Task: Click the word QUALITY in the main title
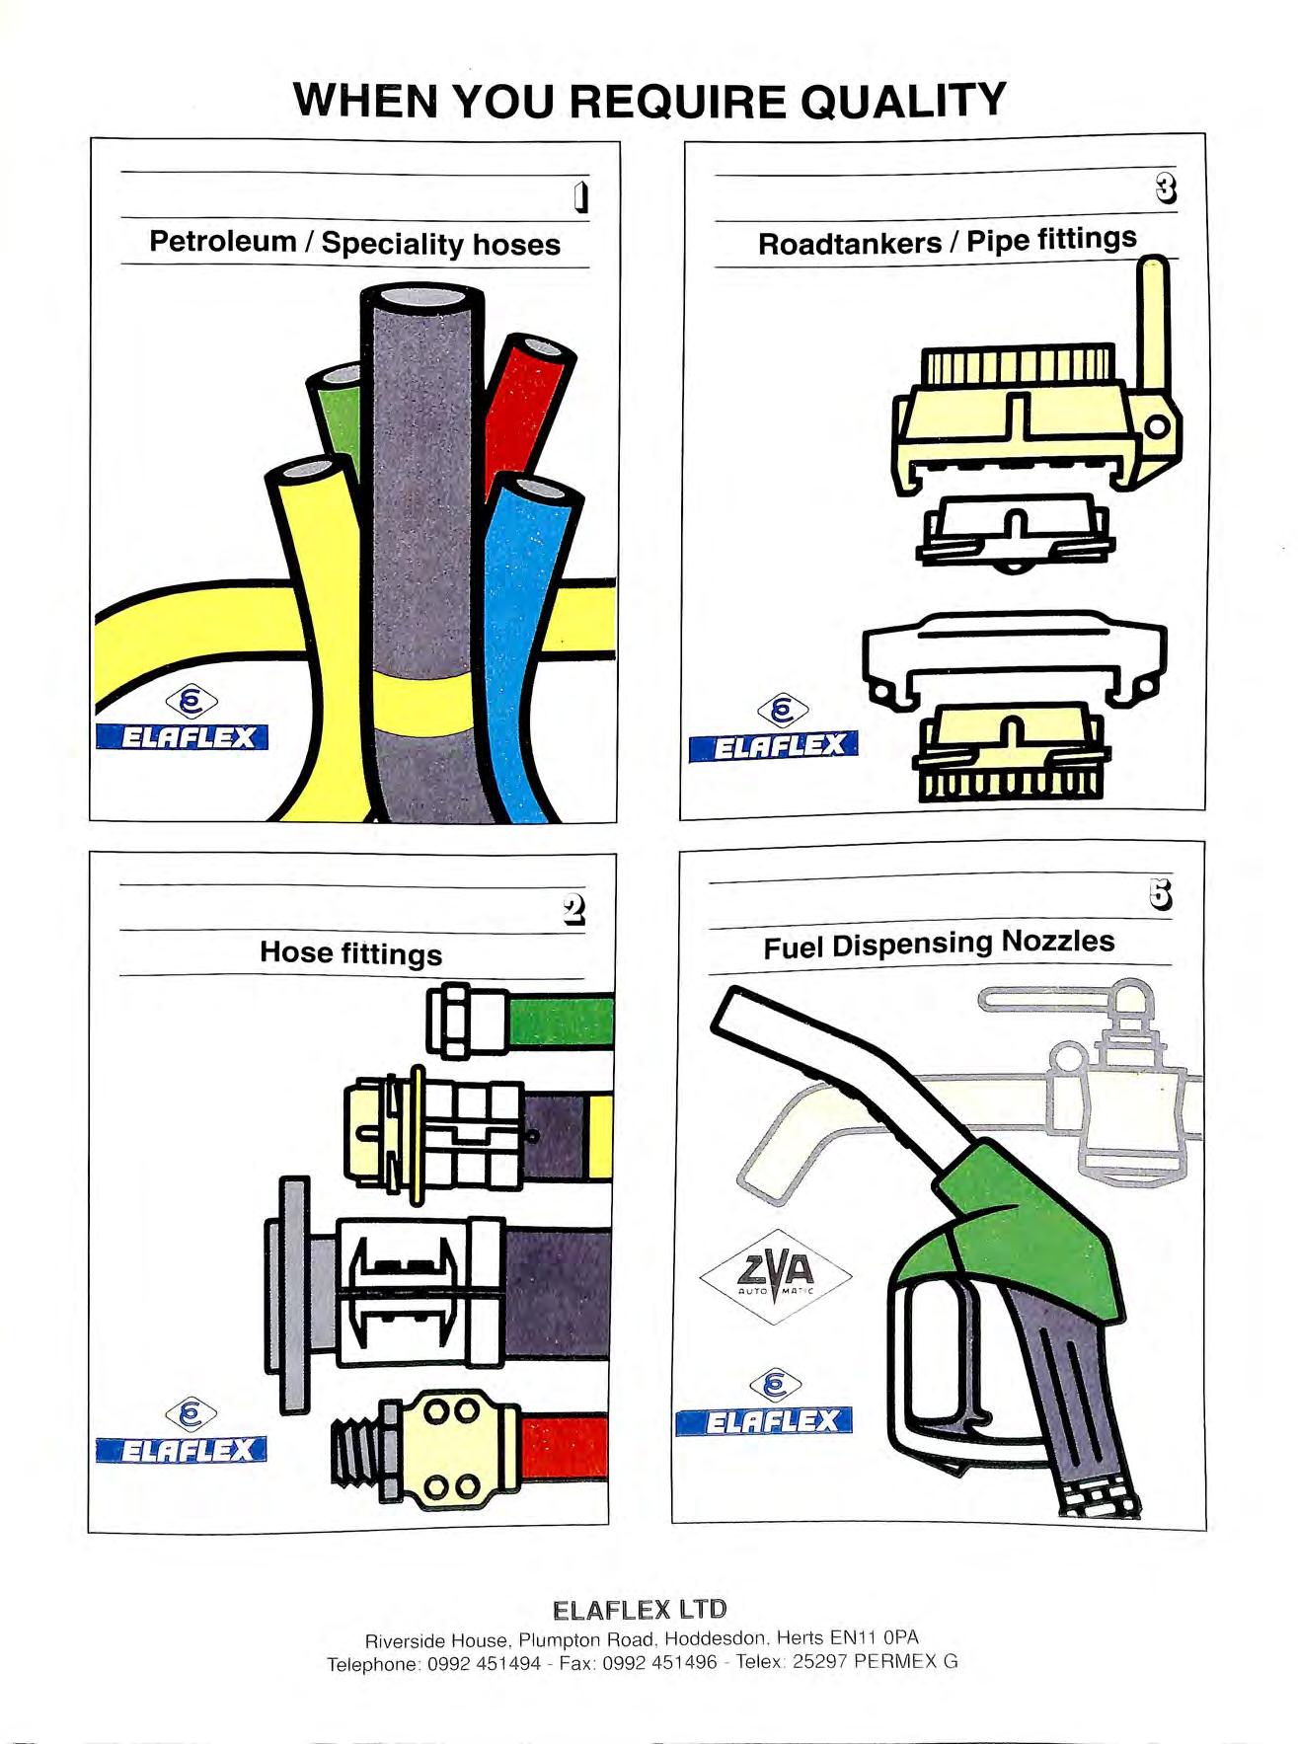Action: click(x=902, y=101)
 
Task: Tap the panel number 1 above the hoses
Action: click(x=582, y=196)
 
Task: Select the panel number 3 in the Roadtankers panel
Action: click(x=1167, y=188)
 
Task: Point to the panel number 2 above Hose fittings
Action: click(x=573, y=909)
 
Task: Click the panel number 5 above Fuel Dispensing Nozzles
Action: click(x=1161, y=893)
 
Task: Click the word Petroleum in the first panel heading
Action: click(x=222, y=241)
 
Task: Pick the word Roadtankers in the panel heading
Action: click(x=849, y=243)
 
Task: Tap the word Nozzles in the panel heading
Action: click(x=1057, y=941)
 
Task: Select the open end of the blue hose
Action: click(x=534, y=490)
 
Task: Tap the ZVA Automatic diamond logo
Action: click(x=776, y=1277)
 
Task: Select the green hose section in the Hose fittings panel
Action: click(x=559, y=1022)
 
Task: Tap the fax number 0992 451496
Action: click(x=659, y=1662)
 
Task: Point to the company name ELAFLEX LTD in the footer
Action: click(x=640, y=1610)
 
